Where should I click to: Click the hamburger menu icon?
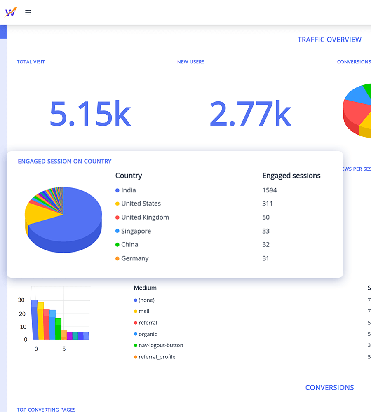tap(28, 12)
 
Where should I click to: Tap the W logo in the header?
tap(11, 12)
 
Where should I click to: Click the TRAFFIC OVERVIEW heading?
tap(329, 40)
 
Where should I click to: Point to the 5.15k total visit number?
tap(90, 113)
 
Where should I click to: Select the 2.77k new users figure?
tap(250, 113)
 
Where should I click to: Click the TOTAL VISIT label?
tap(31, 62)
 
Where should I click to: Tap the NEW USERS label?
tap(191, 62)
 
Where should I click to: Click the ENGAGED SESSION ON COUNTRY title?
tap(65, 161)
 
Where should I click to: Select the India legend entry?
tap(128, 190)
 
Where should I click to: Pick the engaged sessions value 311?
tap(268, 204)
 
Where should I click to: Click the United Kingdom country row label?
tap(145, 217)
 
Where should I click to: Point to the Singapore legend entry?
tap(136, 231)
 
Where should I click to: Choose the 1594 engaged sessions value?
tap(270, 190)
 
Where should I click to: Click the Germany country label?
tap(134, 258)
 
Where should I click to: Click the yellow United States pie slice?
tap(39, 212)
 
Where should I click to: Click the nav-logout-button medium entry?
tap(161, 345)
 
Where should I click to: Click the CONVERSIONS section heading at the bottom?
tap(329, 387)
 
